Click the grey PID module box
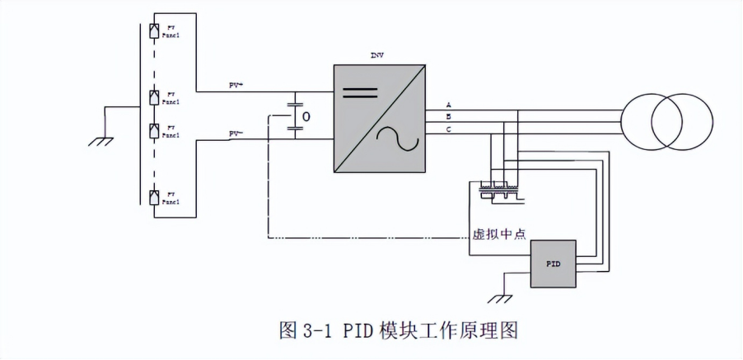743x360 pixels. [x=553, y=264]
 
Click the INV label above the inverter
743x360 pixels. [x=377, y=56]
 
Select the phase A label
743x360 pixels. [x=449, y=105]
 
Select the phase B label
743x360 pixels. [x=449, y=117]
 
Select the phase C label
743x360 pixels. [x=449, y=129]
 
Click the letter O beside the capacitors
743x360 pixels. [x=306, y=117]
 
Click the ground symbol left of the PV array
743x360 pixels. [x=100, y=141]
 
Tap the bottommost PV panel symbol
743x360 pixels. [x=154, y=196]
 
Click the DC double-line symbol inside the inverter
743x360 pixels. [x=360, y=91]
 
